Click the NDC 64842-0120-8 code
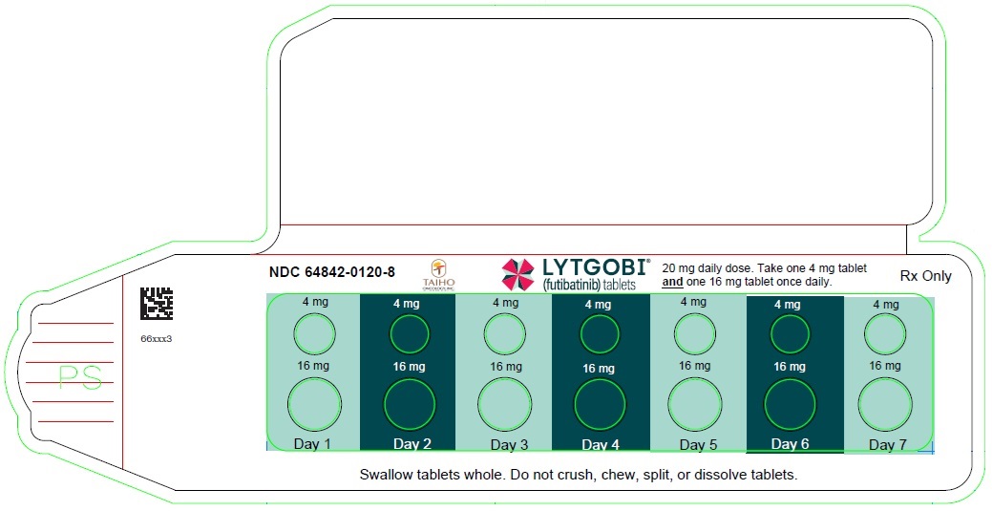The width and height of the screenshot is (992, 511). pyautogui.click(x=331, y=272)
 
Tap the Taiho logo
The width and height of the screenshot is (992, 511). pyautogui.click(x=439, y=274)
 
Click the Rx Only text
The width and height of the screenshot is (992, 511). pyautogui.click(x=925, y=276)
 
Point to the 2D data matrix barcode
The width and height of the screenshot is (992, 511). pyautogui.click(x=157, y=304)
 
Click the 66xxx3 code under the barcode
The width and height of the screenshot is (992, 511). pyautogui.click(x=156, y=338)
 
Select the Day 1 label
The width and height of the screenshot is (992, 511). pyautogui.click(x=312, y=444)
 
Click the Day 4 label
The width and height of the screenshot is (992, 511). pyautogui.click(x=601, y=445)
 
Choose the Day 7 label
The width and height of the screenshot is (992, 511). pyautogui.click(x=887, y=445)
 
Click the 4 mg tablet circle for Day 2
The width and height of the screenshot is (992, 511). pyautogui.click(x=409, y=334)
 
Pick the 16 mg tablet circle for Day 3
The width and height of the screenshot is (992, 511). pyautogui.click(x=504, y=403)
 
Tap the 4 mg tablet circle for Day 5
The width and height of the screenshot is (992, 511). pyautogui.click(x=694, y=334)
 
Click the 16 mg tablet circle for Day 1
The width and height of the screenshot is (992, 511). pyautogui.click(x=314, y=403)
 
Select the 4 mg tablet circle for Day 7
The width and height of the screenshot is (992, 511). pyautogui.click(x=884, y=334)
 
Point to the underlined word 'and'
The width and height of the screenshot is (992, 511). pyautogui.click(x=672, y=283)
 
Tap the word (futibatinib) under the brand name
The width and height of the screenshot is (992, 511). pyautogui.click(x=572, y=285)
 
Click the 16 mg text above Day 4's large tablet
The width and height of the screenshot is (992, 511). pyautogui.click(x=599, y=369)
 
